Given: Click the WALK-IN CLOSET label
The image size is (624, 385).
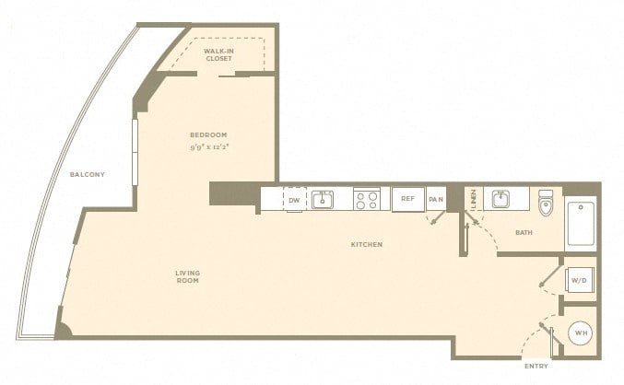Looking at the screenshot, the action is [x=218, y=54].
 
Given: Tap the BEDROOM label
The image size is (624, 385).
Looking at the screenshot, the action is [x=208, y=134].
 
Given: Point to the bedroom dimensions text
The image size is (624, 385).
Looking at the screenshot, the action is [x=210, y=147].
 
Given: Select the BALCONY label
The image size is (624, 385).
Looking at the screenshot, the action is [x=88, y=174].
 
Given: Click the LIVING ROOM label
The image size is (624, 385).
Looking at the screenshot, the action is [x=188, y=276].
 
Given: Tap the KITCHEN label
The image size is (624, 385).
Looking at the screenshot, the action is [x=367, y=244].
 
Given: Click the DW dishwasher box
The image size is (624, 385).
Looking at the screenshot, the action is [x=295, y=199].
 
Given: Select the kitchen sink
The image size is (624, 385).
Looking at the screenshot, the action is [x=323, y=199].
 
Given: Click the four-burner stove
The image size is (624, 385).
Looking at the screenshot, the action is [x=367, y=199].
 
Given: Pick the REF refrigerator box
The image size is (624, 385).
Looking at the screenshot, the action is [x=408, y=199].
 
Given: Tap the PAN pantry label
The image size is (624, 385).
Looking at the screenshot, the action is [x=436, y=199].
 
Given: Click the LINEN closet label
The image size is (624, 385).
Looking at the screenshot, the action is [x=473, y=199].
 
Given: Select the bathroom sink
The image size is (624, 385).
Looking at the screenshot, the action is [x=500, y=199].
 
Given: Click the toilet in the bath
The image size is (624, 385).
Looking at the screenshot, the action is [x=546, y=203].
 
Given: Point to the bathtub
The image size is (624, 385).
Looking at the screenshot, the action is [x=581, y=223].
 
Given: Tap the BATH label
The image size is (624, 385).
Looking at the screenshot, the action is [x=524, y=232].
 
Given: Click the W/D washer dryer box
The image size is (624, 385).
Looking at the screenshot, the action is [x=580, y=280].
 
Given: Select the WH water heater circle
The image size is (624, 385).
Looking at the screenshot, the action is [x=581, y=332].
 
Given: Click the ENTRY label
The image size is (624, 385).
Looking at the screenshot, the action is [x=536, y=367].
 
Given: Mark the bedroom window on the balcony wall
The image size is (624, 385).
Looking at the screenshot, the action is [x=135, y=152].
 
